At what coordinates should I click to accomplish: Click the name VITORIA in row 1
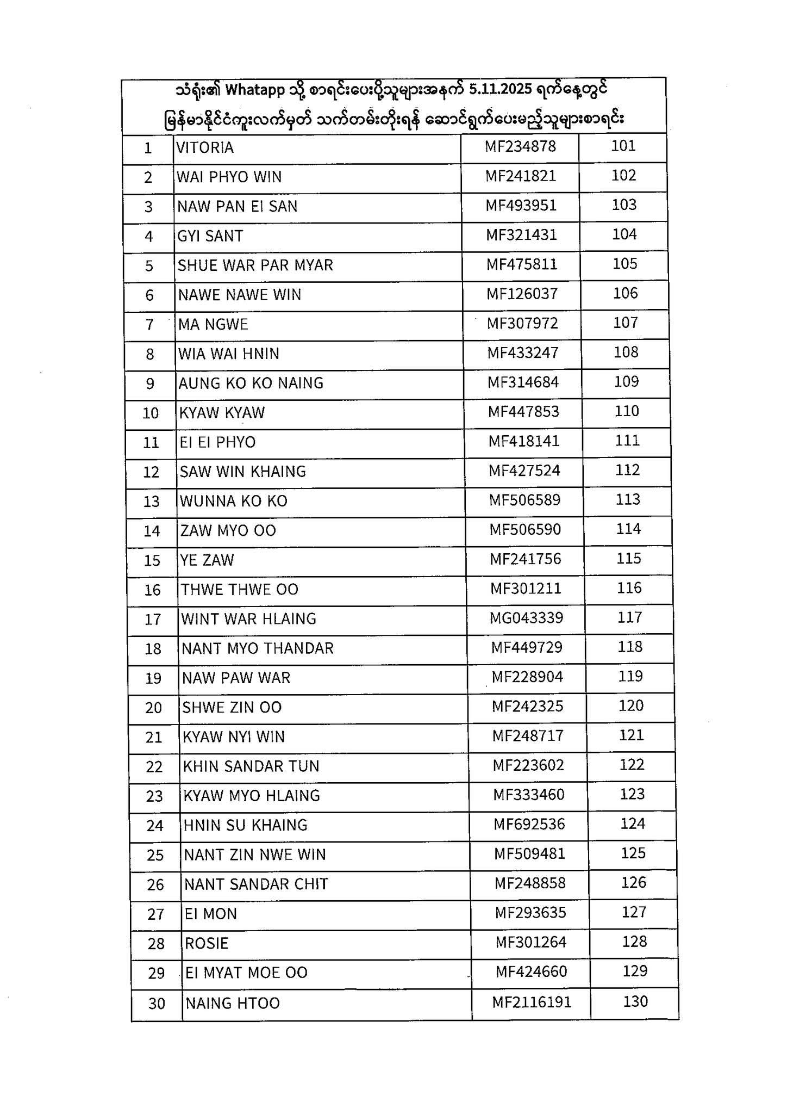point(205,148)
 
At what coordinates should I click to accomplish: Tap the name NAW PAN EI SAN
point(238,207)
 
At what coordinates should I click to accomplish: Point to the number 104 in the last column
point(624,234)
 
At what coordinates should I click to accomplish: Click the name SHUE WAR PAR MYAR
point(255,265)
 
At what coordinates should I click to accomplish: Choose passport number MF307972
point(522,324)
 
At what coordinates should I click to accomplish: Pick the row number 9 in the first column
point(150,384)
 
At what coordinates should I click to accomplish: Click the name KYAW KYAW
point(222,413)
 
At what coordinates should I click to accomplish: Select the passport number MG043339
point(526,618)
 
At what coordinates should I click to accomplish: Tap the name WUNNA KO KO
point(234,501)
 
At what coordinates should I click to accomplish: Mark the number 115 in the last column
point(629,559)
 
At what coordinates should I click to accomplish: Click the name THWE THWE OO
point(240,590)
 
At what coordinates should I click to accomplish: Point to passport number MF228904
point(527,677)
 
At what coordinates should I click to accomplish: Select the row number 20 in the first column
point(154,708)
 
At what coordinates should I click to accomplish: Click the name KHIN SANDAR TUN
point(251,766)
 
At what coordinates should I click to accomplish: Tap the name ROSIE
point(207,943)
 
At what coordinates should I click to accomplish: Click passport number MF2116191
point(532,1002)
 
